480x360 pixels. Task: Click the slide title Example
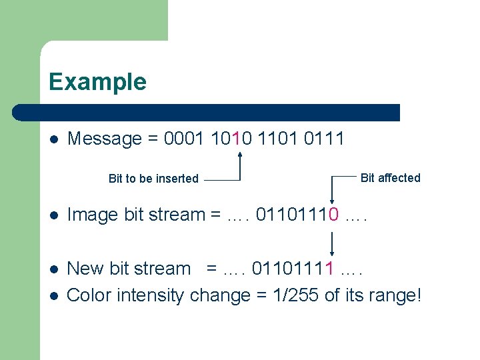click(x=97, y=82)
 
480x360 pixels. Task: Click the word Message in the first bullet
click(x=105, y=139)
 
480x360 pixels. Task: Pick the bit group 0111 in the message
click(x=323, y=139)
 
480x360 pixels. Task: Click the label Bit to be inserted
click(x=153, y=179)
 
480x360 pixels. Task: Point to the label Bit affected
click(x=390, y=177)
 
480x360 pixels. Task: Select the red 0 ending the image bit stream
click(x=333, y=215)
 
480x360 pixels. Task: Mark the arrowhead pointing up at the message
click(x=240, y=155)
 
